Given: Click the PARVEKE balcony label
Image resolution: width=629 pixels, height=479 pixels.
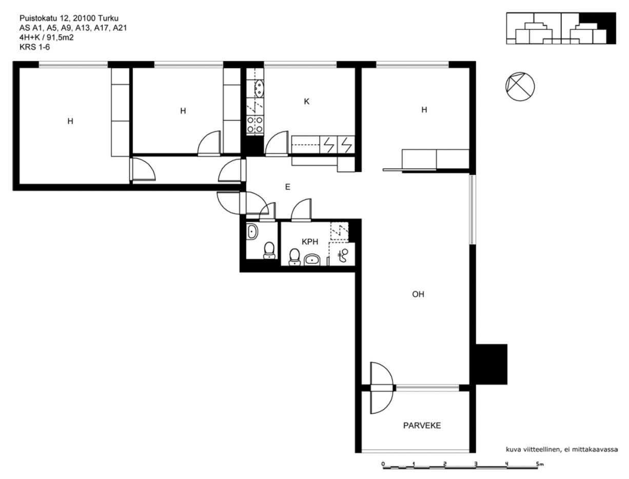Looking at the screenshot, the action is click(x=422, y=426).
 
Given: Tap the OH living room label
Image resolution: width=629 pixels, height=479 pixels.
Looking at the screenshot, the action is click(x=418, y=294).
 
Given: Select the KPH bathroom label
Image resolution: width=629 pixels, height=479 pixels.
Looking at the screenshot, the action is click(x=310, y=242).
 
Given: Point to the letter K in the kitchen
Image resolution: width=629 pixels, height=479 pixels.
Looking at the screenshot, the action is click(x=307, y=102).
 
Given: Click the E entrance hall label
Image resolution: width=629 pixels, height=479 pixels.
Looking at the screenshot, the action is click(x=288, y=187).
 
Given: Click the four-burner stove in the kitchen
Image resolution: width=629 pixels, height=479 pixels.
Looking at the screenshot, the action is click(x=255, y=124).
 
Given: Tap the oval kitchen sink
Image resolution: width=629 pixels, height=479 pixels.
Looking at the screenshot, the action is click(x=259, y=88).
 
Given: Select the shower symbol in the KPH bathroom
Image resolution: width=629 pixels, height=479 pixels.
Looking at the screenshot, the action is click(x=343, y=255).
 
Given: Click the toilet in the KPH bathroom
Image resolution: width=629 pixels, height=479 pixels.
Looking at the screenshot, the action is click(x=294, y=257).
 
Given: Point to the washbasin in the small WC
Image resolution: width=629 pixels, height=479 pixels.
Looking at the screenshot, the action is click(x=252, y=231).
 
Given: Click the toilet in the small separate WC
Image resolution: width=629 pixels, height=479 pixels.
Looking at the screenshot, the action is click(x=269, y=250).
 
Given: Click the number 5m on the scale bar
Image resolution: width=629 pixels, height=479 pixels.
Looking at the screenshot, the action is click(x=540, y=464).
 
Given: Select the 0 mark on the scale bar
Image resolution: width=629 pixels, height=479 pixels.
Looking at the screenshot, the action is click(x=383, y=464).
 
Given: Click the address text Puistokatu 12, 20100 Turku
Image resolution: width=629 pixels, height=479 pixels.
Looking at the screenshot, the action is click(x=69, y=18).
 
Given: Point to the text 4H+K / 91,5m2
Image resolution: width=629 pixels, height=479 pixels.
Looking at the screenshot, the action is click(x=46, y=37).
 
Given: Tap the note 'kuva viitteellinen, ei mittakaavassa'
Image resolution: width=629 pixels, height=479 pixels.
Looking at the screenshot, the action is click(x=562, y=449).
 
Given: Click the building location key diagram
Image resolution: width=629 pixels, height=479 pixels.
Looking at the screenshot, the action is click(x=561, y=28).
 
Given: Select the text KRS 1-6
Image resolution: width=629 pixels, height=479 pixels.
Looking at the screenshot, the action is click(x=35, y=47).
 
